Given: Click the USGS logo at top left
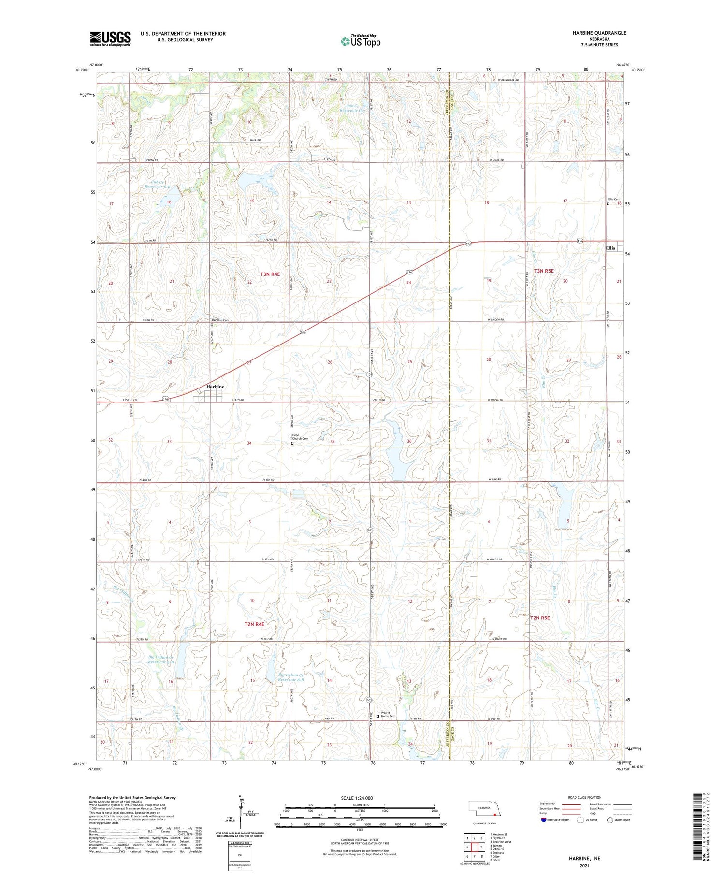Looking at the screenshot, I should pos(110,39).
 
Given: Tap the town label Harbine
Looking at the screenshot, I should pos(215,387).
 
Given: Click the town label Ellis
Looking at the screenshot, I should pos(610,248).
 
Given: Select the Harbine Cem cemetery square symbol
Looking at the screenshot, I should pos(212,325).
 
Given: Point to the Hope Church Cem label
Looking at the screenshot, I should pos(300,437).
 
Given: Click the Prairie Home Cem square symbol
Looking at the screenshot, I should pos(378,716).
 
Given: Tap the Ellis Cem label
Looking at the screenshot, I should pos(614,199).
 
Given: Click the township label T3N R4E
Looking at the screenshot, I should pos(270,274).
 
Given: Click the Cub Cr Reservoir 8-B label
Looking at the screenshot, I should pos(158,184).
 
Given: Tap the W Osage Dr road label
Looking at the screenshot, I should pos(499,560).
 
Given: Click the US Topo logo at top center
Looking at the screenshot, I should pos(360,42).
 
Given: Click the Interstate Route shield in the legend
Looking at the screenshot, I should pos(544,820).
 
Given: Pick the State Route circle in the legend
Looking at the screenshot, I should pos(610,820).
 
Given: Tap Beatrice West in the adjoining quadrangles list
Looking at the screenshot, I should pos(501,842).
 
